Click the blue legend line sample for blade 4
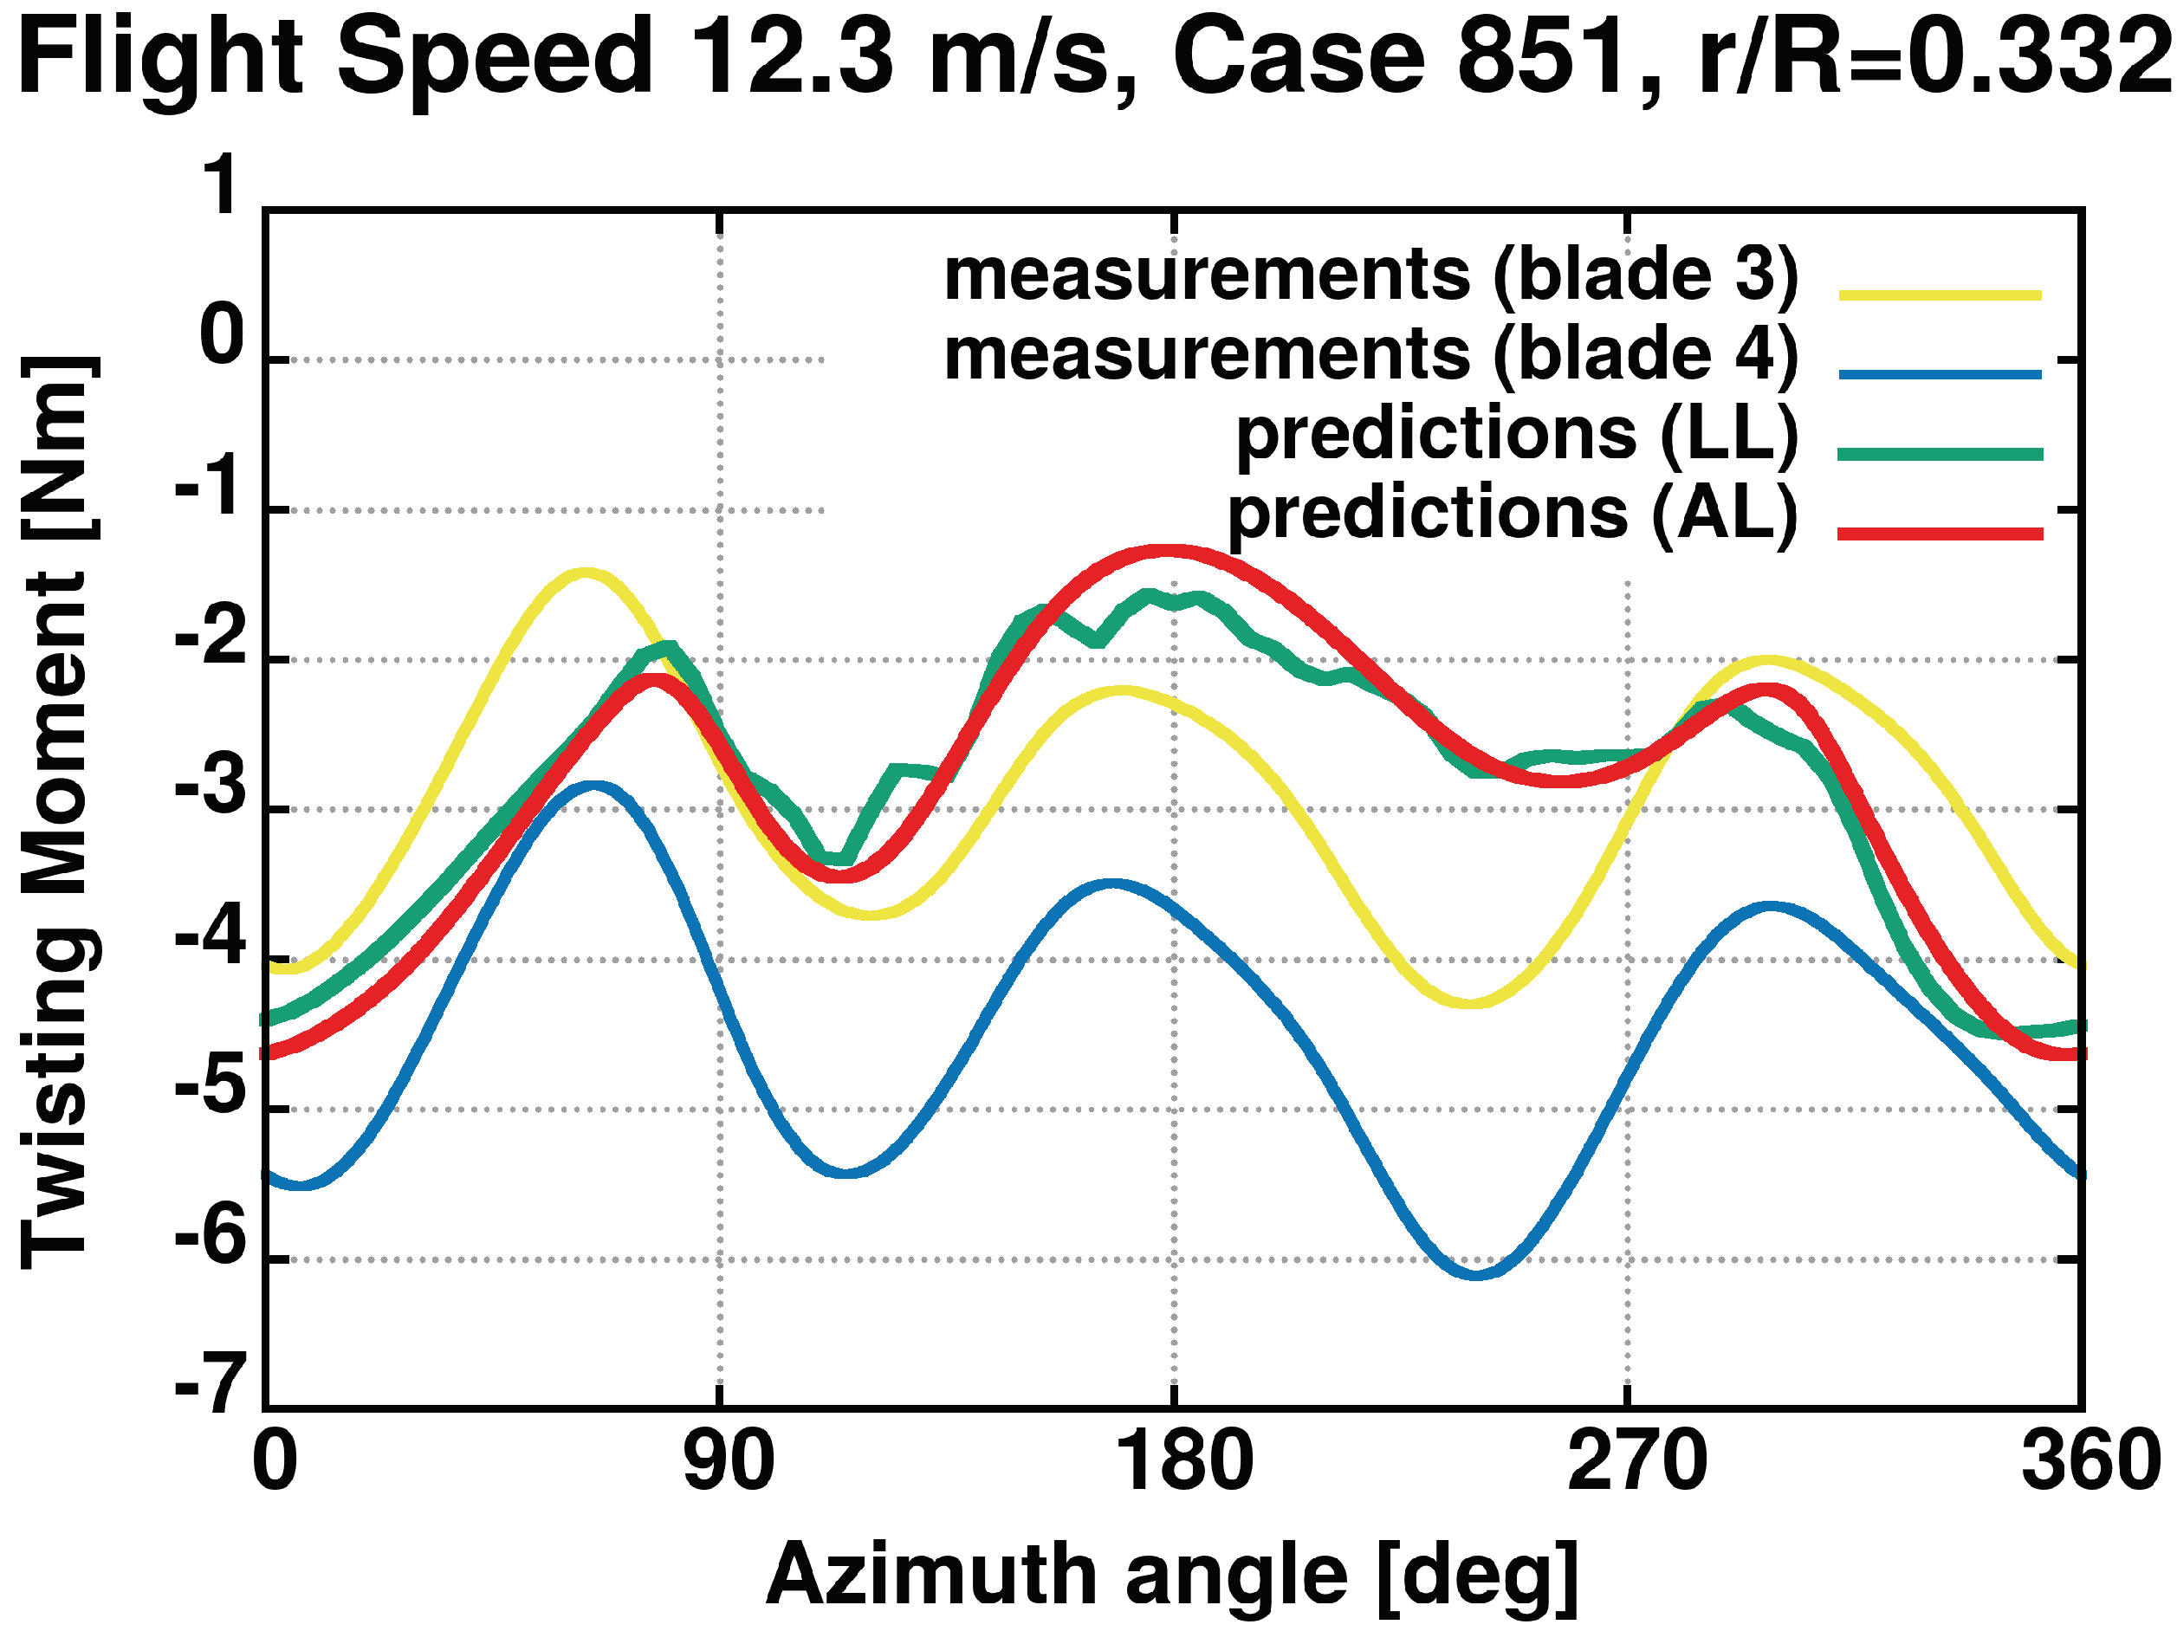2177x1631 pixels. [1940, 375]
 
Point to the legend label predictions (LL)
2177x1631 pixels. [1517, 434]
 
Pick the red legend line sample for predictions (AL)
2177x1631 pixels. [1940, 534]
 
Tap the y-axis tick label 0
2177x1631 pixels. [222, 336]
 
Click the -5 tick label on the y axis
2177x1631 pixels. [211, 1087]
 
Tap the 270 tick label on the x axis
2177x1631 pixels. [1636, 1463]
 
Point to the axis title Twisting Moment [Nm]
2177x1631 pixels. [59, 812]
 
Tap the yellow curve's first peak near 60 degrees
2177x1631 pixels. [585, 572]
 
